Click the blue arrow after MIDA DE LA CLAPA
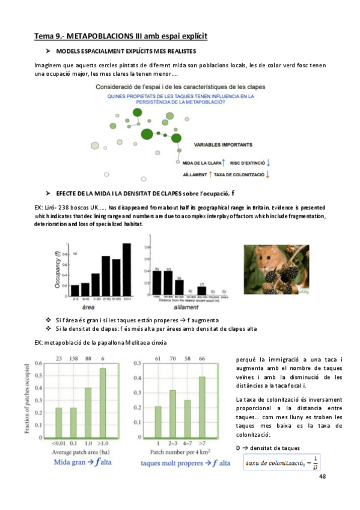(x=223, y=162)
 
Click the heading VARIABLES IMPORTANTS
(x=224, y=145)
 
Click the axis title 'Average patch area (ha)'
(x=81, y=451)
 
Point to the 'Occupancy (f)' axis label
(x=58, y=274)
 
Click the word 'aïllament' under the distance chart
(x=181, y=306)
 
